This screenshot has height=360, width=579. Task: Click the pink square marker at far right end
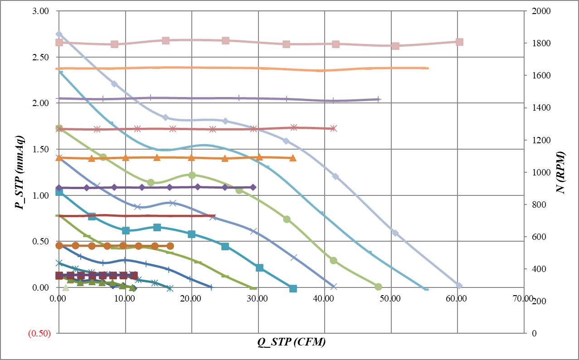point(459,42)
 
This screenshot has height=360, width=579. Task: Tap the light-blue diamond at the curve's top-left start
point(59,34)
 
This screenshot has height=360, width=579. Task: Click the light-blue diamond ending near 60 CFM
point(459,286)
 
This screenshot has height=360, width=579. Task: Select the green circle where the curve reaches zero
point(378,287)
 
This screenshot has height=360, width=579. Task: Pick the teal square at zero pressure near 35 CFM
point(293,288)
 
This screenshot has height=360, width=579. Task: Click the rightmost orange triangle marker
point(293,158)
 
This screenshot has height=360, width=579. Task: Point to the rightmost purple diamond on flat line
point(253,187)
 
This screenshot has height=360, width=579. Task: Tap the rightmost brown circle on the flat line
point(170,246)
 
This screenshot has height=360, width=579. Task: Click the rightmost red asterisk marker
point(333,128)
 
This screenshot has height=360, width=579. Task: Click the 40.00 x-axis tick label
point(324,299)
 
